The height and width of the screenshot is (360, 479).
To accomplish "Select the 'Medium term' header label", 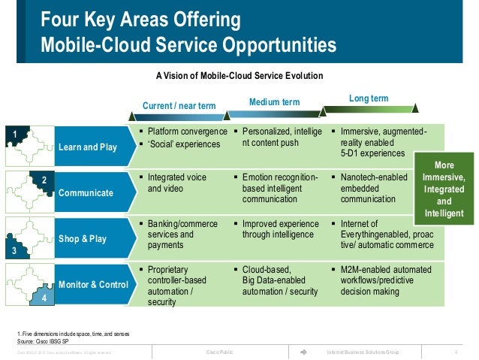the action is [274, 101].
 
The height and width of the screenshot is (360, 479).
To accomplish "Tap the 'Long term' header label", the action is [369, 98].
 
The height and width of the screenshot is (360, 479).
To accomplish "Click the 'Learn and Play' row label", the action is [88, 147].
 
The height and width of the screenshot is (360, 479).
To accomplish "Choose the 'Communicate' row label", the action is [86, 193].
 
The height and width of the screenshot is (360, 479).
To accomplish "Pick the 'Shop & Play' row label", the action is [82, 239].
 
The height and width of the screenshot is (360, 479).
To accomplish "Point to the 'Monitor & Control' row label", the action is [93, 285].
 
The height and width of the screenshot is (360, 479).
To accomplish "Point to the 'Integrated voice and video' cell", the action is [177, 183].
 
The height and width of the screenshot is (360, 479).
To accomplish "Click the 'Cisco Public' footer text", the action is [220, 352].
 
